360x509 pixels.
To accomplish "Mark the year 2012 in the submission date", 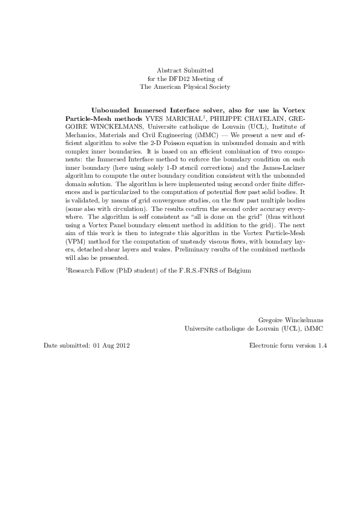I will (x=121, y=346).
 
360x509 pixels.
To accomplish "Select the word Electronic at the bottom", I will (x=263, y=346).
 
